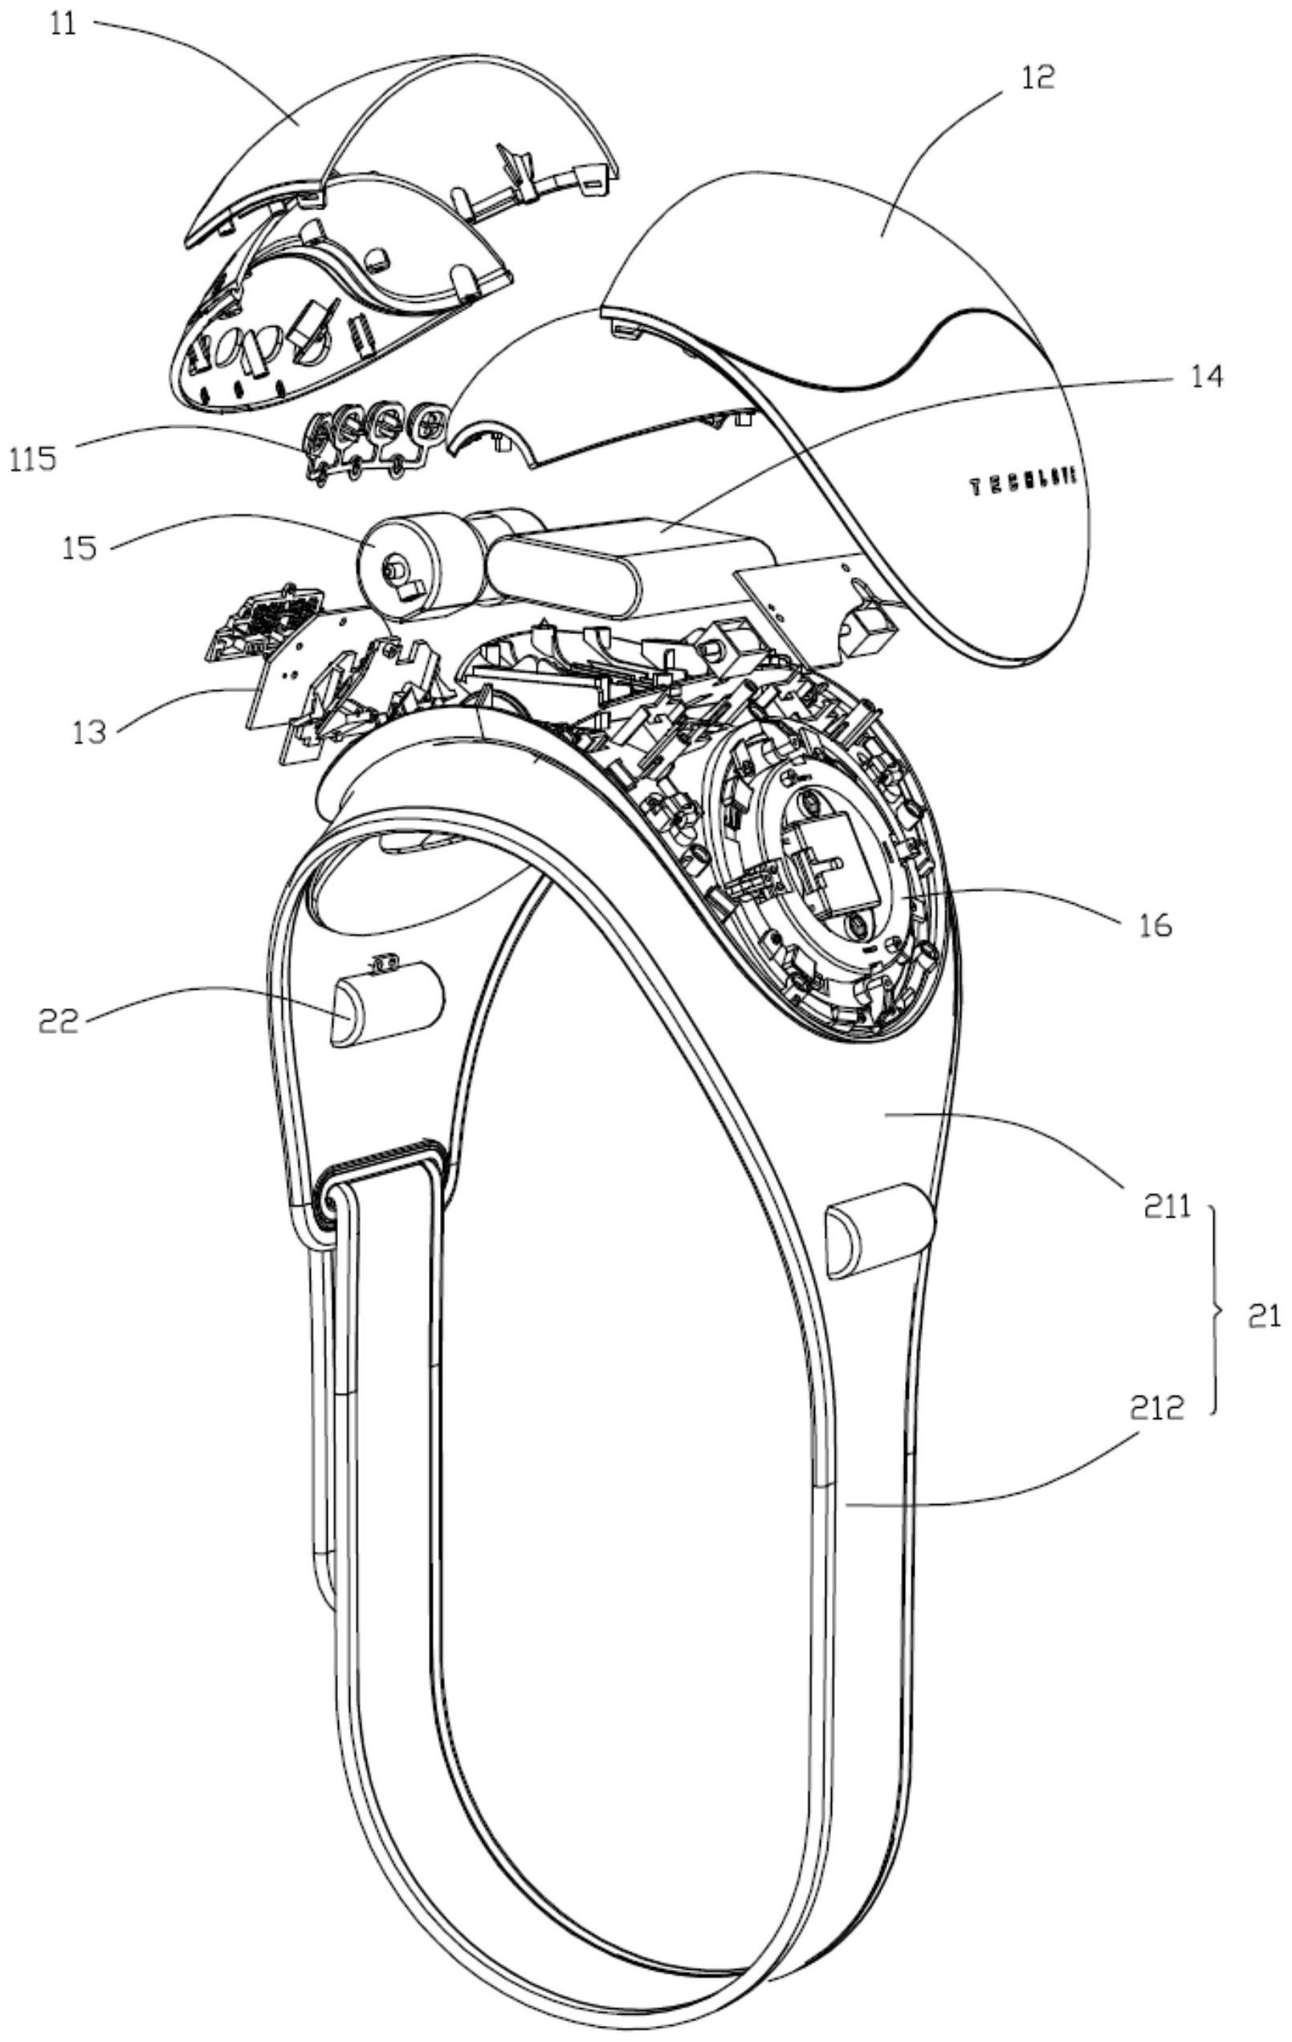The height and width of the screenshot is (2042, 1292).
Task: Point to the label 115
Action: [x=34, y=459]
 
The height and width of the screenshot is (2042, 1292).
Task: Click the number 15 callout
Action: [x=78, y=547]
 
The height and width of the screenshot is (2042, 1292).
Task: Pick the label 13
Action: [x=89, y=730]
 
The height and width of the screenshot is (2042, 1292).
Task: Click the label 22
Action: [x=59, y=1021]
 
